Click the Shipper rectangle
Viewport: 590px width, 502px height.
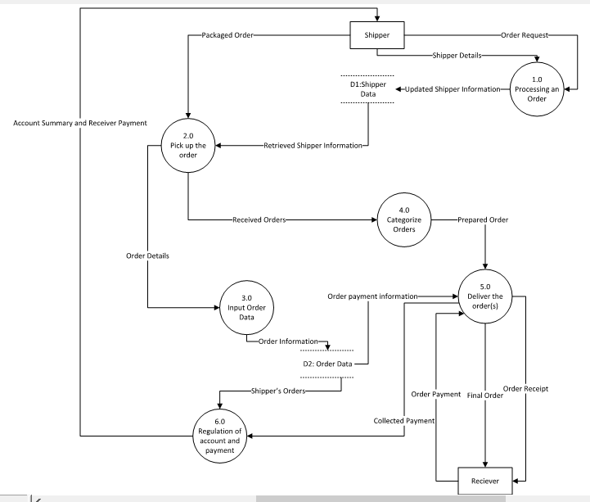[x=377, y=35]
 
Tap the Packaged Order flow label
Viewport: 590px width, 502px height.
[x=221, y=36]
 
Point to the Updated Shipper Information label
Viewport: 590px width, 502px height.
[x=453, y=88]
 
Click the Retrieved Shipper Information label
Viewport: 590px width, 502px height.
[x=312, y=147]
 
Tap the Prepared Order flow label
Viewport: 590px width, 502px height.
[x=483, y=219]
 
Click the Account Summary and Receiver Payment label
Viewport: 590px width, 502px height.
[x=79, y=123]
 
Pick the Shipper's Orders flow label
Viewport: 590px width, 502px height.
[x=278, y=391]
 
